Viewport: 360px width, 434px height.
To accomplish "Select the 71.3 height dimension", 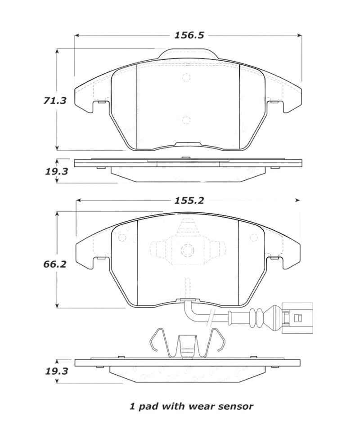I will (x=55, y=101).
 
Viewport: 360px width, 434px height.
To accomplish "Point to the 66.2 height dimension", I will (x=55, y=264).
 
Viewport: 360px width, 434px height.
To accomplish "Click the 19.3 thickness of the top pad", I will (x=55, y=171).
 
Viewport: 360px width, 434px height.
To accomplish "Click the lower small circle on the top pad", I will (x=187, y=119).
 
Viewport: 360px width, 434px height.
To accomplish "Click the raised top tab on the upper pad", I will (x=188, y=54).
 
